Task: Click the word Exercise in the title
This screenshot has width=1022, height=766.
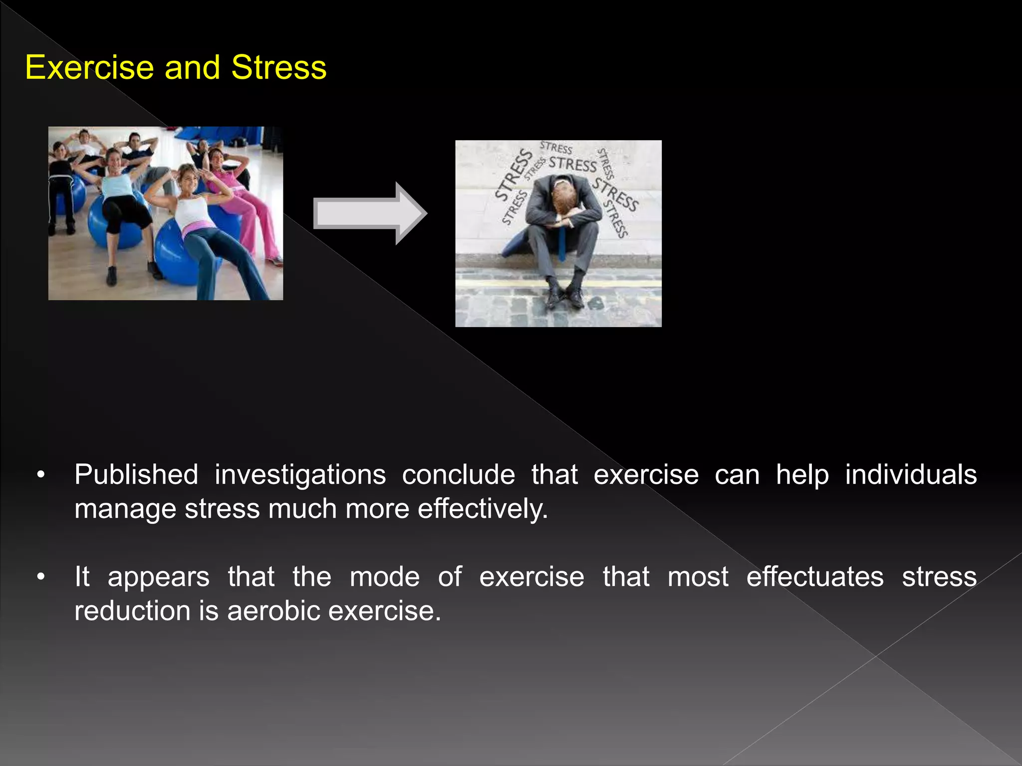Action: tap(89, 67)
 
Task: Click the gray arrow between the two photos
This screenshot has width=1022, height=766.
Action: tap(369, 213)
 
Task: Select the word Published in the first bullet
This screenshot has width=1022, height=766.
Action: tap(136, 474)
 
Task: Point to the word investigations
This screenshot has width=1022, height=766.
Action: tap(300, 474)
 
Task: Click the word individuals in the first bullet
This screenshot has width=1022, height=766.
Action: tap(911, 474)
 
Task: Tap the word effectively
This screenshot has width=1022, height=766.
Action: tap(483, 509)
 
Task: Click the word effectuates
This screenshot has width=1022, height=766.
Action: tap(815, 577)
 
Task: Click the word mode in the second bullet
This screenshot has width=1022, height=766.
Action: tap(384, 577)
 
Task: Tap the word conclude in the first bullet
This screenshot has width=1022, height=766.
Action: tap(458, 474)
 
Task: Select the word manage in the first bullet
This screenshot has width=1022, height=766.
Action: tap(125, 509)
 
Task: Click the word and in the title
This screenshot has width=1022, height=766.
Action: tap(192, 67)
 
